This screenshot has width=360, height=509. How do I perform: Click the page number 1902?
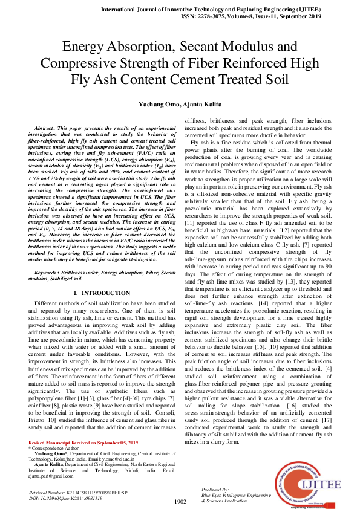180,501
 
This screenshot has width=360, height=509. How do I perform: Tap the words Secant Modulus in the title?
242,47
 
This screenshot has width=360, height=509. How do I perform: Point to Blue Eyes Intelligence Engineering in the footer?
237,495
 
